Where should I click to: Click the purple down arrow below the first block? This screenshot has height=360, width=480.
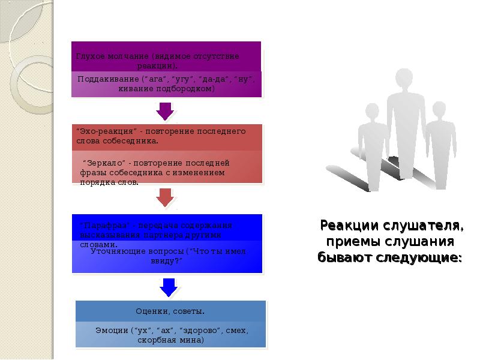coord(165,110)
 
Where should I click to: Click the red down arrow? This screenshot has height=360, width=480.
coord(165,197)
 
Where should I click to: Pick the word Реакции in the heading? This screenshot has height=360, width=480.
coord(343,226)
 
